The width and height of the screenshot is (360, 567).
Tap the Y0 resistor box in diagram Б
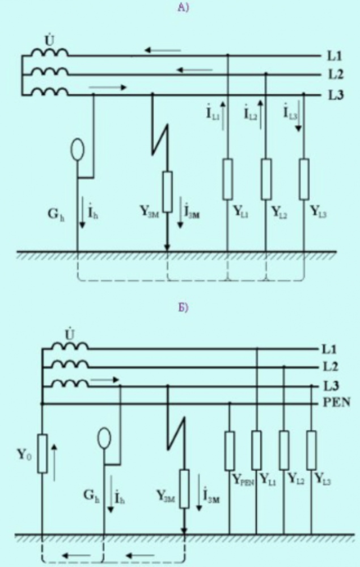click(x=42, y=453)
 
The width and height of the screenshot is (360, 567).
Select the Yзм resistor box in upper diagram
click(x=168, y=191)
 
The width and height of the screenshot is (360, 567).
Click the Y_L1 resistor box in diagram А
click(x=228, y=179)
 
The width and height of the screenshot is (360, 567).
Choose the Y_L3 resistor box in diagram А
click(x=304, y=179)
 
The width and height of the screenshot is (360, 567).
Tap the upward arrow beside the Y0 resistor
click(x=54, y=462)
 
